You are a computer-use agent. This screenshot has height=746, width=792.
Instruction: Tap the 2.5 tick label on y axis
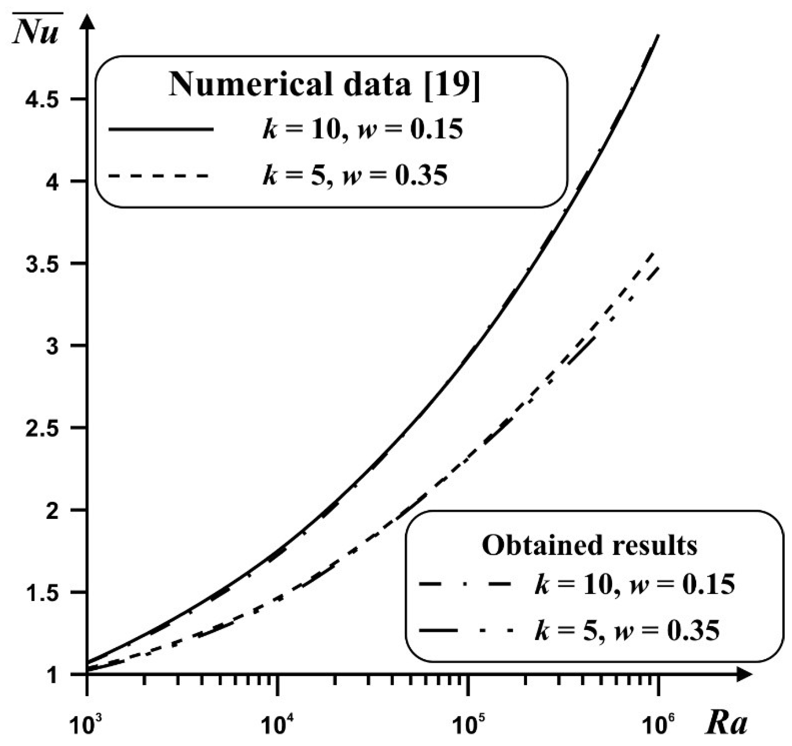[42, 429]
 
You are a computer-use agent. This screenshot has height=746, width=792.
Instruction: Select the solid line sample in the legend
[161, 130]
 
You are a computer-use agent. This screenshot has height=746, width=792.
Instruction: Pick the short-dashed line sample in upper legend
[159, 176]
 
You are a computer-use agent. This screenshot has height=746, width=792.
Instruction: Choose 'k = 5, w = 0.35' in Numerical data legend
[355, 175]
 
